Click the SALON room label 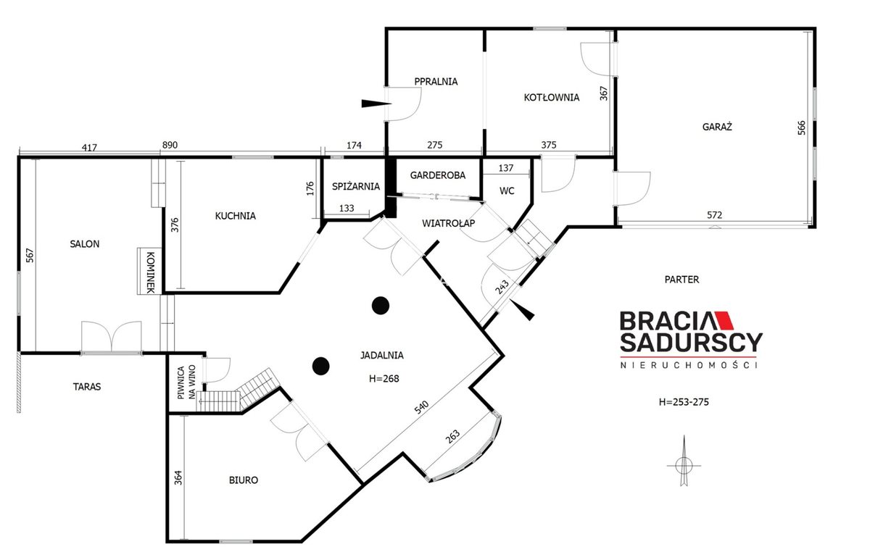point(85,244)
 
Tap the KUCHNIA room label point(236,216)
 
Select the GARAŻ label point(717,127)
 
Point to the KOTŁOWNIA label point(552,97)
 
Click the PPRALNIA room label point(436,81)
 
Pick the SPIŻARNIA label point(356,186)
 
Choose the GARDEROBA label point(438,175)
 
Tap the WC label point(507,191)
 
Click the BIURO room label point(244,480)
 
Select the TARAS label point(87,387)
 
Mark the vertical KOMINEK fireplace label point(150,272)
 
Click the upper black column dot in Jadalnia point(381,306)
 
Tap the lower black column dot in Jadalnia point(321,366)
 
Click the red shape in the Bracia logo point(724,320)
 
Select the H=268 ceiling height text point(384,379)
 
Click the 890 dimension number point(170,145)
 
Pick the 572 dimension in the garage point(715,215)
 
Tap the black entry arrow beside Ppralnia point(376,104)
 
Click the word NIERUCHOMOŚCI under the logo point(689,365)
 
